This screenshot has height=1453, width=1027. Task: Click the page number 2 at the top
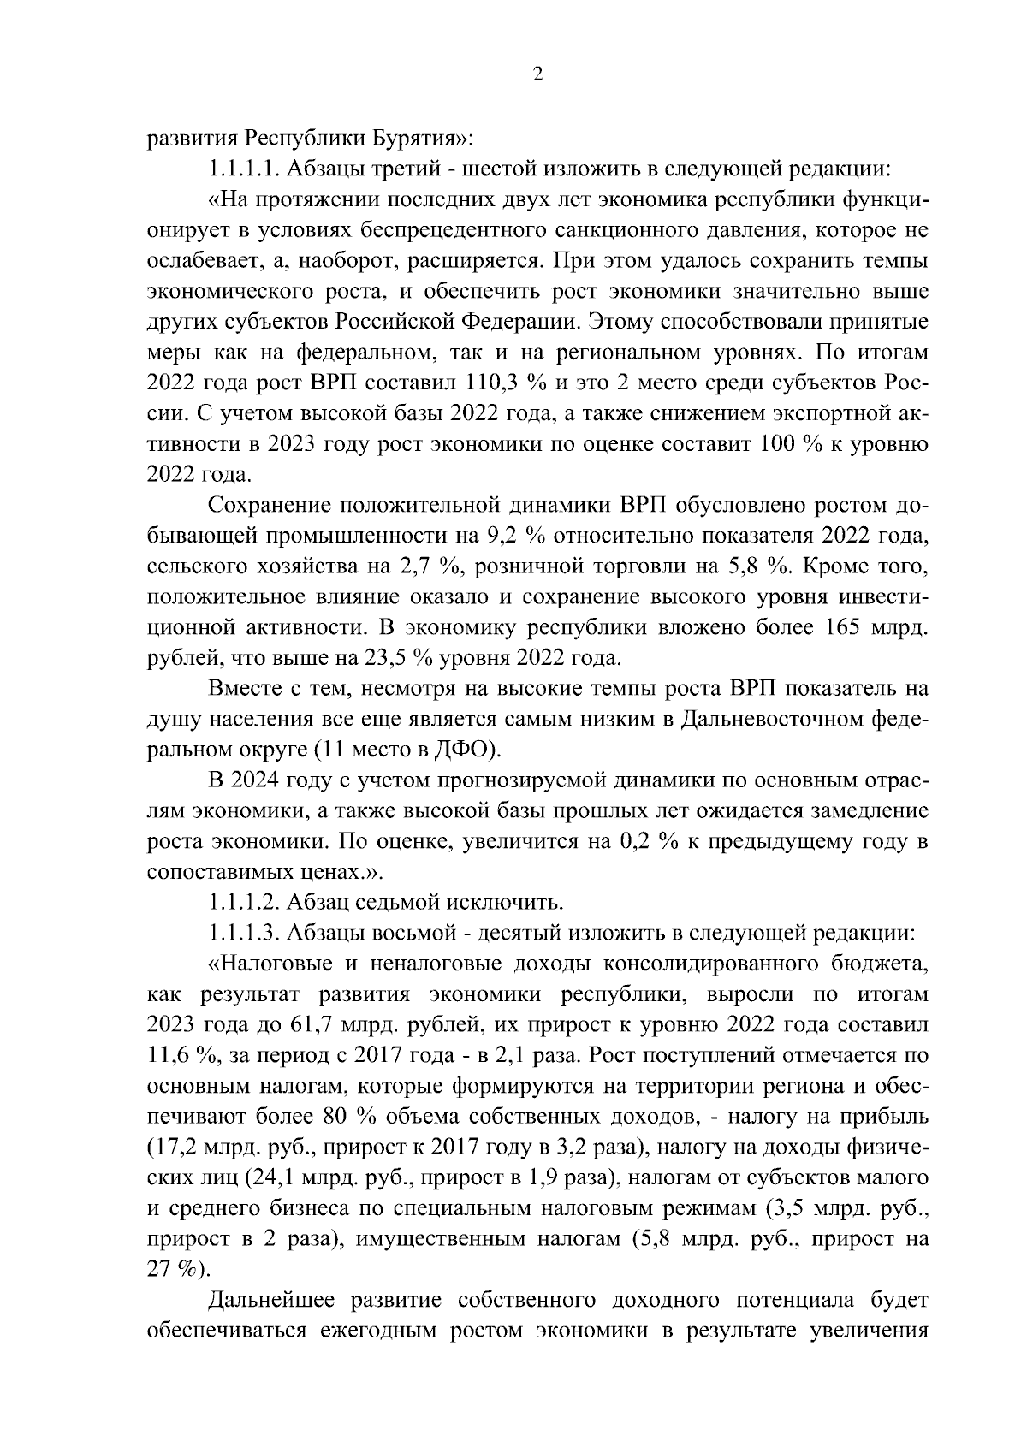pos(537,74)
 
